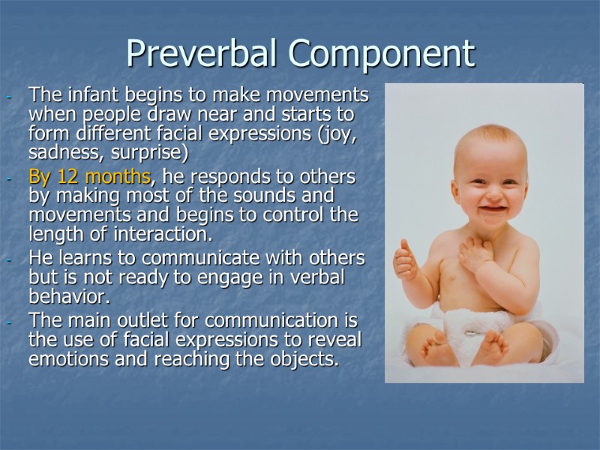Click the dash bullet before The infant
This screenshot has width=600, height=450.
(7, 97)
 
